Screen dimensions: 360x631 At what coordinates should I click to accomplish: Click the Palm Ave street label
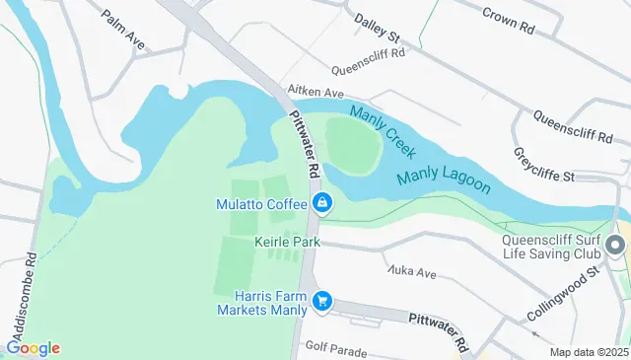[x=122, y=30]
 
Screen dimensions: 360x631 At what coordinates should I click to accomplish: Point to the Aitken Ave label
[x=309, y=90]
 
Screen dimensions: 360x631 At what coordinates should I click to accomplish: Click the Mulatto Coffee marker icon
[x=321, y=204]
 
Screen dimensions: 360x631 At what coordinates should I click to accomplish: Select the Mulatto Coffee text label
[x=261, y=204]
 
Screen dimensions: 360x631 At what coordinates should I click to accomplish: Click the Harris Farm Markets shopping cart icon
[x=321, y=301]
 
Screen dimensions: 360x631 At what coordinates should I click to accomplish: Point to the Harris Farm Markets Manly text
[x=264, y=302]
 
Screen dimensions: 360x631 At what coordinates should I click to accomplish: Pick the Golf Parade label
[x=336, y=349]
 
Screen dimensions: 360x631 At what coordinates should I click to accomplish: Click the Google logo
[x=33, y=348]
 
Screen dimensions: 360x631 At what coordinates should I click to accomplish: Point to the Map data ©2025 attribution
[x=588, y=352]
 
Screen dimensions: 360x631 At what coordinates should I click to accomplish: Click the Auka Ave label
[x=411, y=271]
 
